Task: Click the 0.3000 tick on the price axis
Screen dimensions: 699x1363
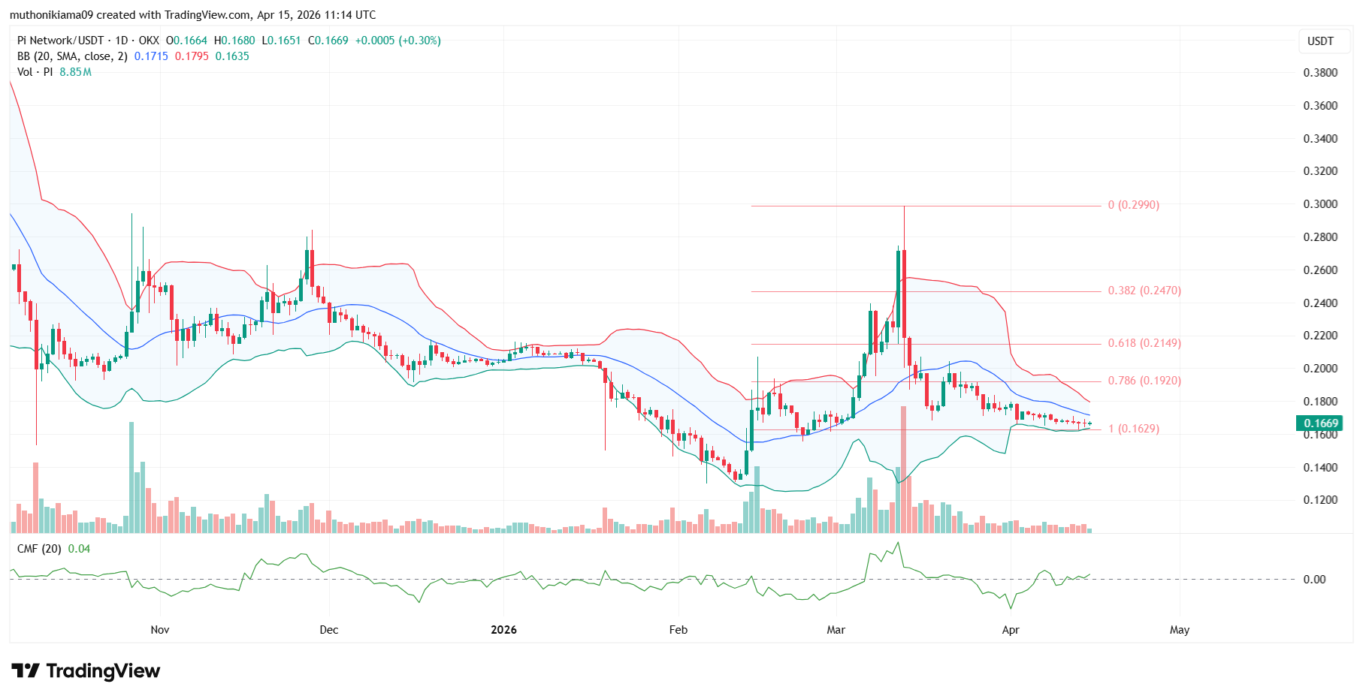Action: pos(1320,204)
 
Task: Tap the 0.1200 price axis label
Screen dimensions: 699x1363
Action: pos(1320,500)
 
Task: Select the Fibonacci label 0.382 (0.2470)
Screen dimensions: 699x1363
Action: pos(1144,291)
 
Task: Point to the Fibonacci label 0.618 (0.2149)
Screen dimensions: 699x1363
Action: pos(1144,343)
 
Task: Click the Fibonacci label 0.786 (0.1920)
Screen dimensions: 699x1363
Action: pos(1144,381)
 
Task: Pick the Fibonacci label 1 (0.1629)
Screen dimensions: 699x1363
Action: pos(1134,429)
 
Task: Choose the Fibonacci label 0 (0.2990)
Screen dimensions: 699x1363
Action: pos(1134,205)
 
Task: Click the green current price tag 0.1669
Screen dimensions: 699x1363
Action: pos(1320,423)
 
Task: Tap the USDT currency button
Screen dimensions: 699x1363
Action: pos(1320,41)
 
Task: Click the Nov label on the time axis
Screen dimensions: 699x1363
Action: pos(160,630)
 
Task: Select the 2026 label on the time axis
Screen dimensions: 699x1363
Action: pos(503,630)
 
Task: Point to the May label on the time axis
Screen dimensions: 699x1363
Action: pos(1179,630)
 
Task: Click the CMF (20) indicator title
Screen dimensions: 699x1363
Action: pos(39,549)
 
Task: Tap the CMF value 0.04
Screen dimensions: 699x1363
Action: pos(79,549)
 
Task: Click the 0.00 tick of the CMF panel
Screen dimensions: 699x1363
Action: pos(1314,580)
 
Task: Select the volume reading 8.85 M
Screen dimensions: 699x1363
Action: pos(75,72)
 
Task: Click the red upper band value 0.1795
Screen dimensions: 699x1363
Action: pos(192,56)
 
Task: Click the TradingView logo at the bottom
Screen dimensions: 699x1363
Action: pos(86,670)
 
